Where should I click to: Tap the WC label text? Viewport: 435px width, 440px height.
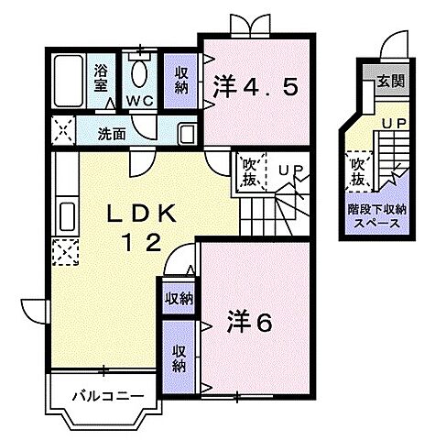(139, 100)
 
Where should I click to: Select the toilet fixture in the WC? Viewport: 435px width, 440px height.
(140, 71)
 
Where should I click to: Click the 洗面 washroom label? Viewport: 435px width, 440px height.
(112, 133)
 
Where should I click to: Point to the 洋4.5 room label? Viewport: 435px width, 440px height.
(256, 88)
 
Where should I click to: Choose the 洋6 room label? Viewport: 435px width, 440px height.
(250, 324)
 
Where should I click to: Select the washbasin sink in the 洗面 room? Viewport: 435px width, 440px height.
(186, 133)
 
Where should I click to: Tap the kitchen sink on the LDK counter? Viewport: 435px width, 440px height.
(66, 217)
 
